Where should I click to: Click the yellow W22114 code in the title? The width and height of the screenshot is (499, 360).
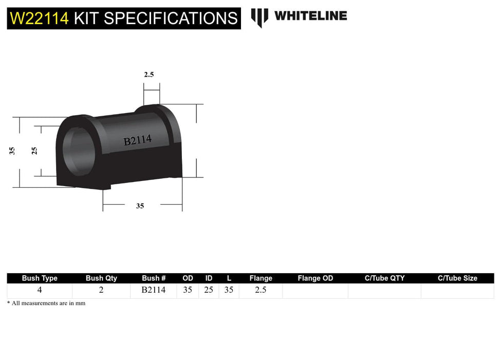point(39,19)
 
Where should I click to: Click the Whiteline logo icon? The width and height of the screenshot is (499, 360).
point(260,17)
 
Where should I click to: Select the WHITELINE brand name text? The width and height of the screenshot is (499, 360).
point(310,16)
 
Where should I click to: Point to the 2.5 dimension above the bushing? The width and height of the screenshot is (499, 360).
point(149,75)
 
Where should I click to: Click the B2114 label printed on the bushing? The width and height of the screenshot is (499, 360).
point(137,140)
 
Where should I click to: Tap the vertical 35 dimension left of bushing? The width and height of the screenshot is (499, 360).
point(12,151)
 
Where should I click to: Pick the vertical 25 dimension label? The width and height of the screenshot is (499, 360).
point(34,151)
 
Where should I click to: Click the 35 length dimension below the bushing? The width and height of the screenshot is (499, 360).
point(140,206)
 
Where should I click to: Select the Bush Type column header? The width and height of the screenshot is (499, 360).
point(40,278)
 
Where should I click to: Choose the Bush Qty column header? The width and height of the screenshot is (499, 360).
point(101,278)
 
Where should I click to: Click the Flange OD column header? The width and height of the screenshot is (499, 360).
point(315,278)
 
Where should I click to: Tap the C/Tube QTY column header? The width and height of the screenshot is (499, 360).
point(384,278)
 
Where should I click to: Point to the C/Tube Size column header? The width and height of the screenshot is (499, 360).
point(457,278)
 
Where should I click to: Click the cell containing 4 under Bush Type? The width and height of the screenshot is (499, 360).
point(40,290)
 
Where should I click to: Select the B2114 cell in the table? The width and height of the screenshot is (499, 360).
point(154,290)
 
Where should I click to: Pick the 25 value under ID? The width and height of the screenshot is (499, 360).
point(209,290)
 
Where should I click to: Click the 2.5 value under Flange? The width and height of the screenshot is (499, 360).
point(261,290)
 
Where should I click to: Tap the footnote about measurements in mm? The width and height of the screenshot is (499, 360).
point(46,303)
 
